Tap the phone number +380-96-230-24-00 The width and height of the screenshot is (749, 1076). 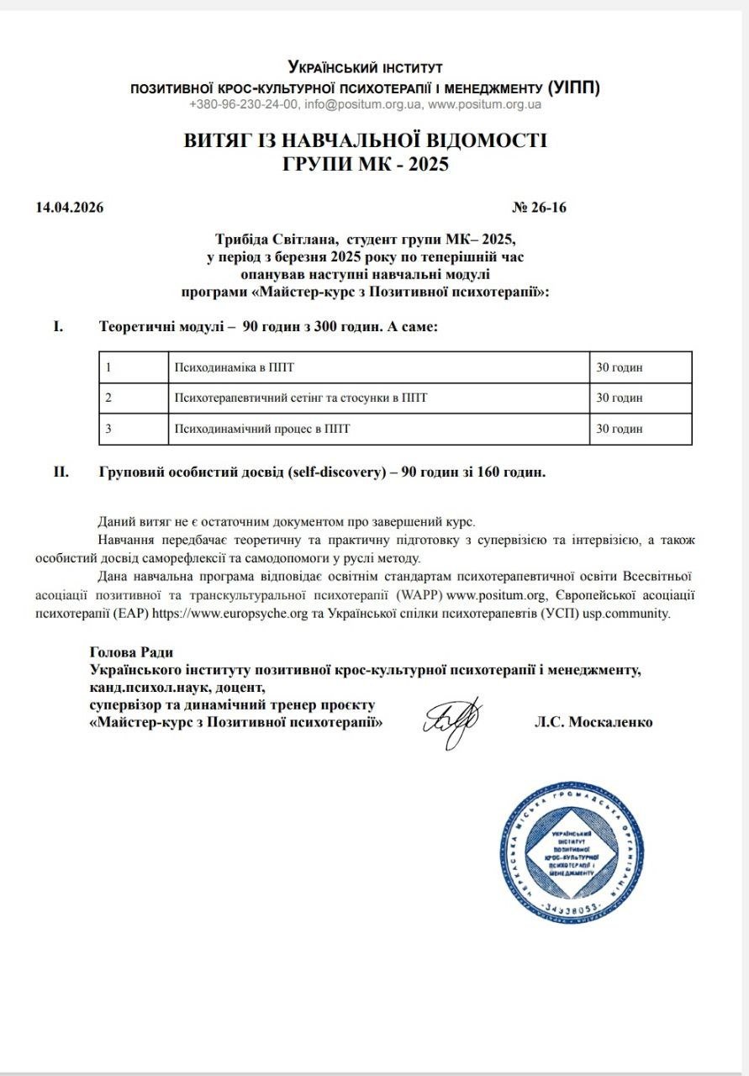click(x=244, y=105)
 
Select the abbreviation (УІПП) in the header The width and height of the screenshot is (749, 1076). click(x=573, y=87)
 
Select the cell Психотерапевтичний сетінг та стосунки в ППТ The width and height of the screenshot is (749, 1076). click(x=300, y=398)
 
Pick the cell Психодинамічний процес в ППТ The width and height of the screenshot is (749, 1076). click(x=261, y=429)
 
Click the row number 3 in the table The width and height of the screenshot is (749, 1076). click(x=109, y=429)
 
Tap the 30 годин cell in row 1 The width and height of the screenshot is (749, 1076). click(x=620, y=367)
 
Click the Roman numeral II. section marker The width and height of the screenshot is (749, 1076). click(x=61, y=472)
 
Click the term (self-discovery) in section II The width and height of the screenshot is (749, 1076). click(x=339, y=472)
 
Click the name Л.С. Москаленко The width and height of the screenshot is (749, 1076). click(x=593, y=722)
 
